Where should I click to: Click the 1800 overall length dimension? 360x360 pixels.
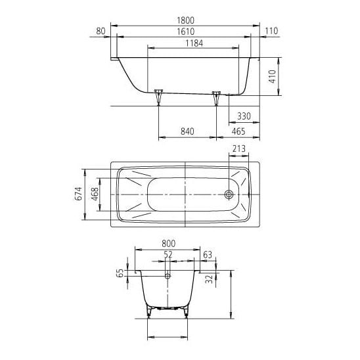[x=185, y=20]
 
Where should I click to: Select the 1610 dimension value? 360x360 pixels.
[x=185, y=32]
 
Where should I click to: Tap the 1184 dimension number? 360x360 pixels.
[x=194, y=43]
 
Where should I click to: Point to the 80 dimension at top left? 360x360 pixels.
[x=101, y=31]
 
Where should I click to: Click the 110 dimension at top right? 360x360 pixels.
[x=271, y=31]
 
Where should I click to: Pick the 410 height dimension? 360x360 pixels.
[x=272, y=76]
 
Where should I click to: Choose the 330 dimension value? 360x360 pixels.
[x=244, y=116]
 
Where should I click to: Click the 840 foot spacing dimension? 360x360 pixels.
[x=187, y=131]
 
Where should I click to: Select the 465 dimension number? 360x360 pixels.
[x=238, y=131]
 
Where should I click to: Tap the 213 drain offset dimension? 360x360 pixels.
[x=239, y=148]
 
